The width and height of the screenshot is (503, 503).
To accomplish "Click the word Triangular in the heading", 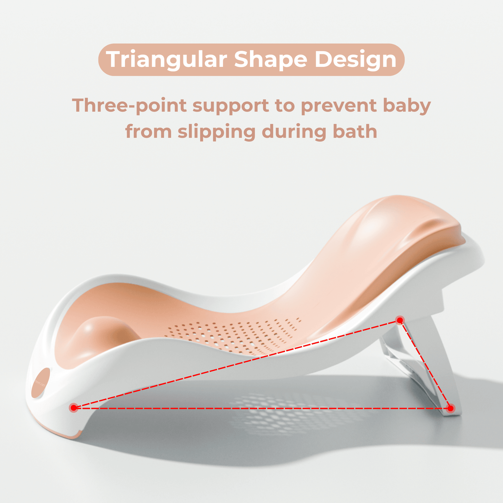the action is (166, 60).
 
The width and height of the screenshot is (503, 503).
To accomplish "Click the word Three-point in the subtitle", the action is (129, 106).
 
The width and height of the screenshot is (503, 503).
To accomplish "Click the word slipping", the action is (217, 132).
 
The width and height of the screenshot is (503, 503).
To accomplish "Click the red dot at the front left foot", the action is (74, 408).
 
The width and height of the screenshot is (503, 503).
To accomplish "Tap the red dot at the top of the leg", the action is (400, 320).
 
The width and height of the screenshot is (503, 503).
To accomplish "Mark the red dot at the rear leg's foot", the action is (450, 408).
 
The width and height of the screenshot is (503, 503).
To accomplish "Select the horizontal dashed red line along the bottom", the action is (262, 408).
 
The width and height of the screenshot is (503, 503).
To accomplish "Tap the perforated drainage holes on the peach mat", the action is (232, 336).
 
